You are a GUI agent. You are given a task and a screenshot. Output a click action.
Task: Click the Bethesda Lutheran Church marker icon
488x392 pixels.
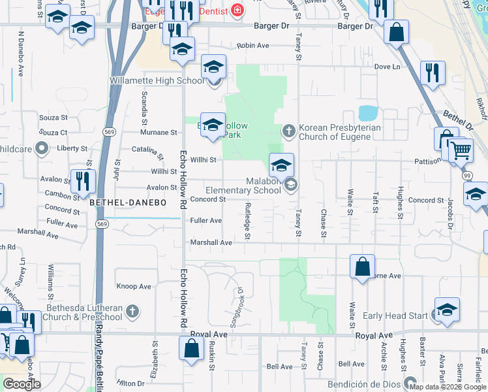click(x=132, y=312)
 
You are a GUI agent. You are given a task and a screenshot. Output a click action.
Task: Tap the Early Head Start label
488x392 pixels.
click(x=395, y=316)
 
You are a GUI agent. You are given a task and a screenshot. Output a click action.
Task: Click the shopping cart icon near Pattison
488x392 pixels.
click(x=461, y=151)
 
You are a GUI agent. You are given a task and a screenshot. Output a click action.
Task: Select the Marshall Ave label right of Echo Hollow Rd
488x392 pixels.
click(x=211, y=242)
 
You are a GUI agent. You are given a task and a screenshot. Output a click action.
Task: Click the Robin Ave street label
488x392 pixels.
click(x=253, y=46)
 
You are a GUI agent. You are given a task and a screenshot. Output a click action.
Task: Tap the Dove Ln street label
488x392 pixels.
click(x=386, y=67)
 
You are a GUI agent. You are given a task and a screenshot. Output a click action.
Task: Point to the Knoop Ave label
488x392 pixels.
click(x=133, y=286)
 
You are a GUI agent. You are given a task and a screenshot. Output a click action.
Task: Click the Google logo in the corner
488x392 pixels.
click(x=22, y=385)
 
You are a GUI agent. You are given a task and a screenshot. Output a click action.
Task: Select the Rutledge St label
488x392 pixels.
click(x=247, y=220)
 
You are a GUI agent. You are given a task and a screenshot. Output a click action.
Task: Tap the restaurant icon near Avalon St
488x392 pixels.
click(x=83, y=180)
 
